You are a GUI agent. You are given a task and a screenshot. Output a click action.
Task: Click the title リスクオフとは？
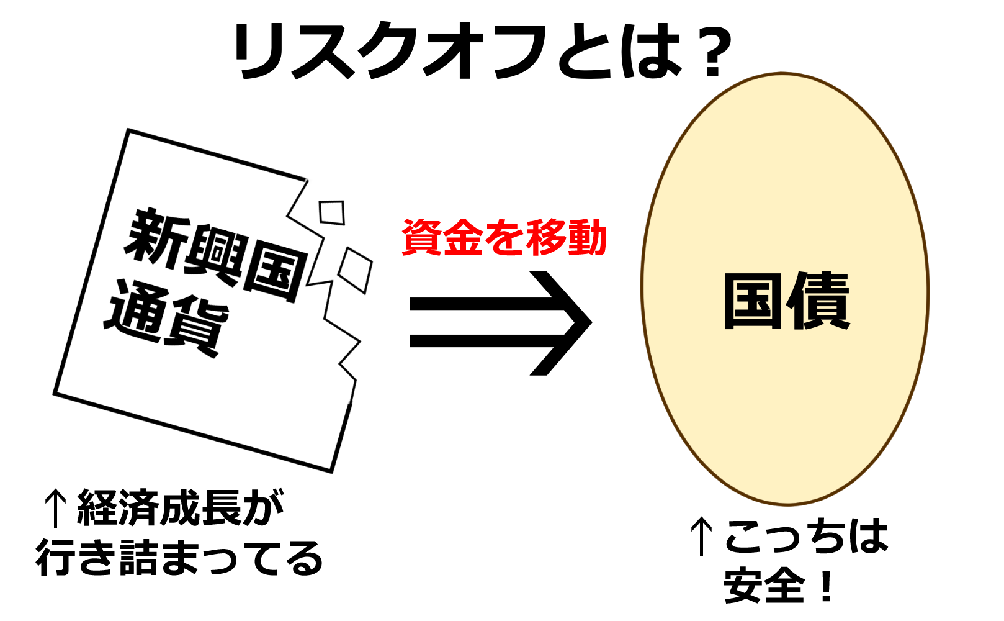click(x=483, y=51)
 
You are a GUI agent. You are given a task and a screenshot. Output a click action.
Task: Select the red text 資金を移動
click(x=504, y=238)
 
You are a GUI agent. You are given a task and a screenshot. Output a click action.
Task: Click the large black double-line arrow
click(x=500, y=323)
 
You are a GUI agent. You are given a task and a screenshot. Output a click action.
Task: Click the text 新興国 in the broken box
click(x=214, y=255)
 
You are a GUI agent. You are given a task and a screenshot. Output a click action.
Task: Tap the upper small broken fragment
click(x=332, y=212)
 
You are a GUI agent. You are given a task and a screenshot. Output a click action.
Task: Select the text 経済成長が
click(x=180, y=508)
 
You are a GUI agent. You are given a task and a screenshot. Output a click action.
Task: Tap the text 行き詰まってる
click(x=180, y=558)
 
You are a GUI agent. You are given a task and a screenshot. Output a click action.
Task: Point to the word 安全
click(x=764, y=586)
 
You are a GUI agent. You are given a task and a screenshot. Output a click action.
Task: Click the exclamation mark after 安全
click(x=826, y=586)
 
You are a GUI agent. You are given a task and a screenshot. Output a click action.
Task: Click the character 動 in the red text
click(x=586, y=238)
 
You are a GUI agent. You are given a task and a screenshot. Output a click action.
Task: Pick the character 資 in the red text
click(x=422, y=238)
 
